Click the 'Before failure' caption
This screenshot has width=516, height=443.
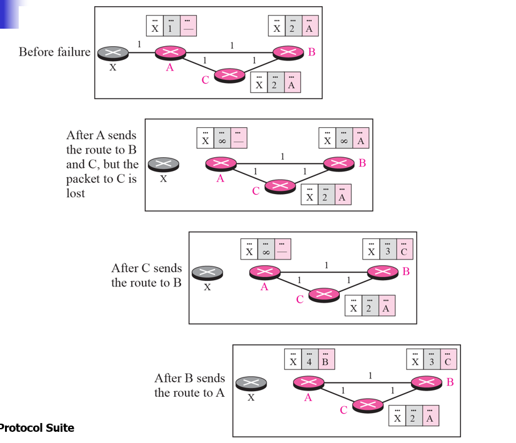[54, 52]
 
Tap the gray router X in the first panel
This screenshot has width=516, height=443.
[112, 52]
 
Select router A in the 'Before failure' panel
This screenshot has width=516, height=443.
[171, 52]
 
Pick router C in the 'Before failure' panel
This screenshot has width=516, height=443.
[229, 75]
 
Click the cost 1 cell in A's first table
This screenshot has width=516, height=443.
[171, 27]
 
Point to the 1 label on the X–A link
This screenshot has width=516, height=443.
[139, 44]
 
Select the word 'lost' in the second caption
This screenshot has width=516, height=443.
[76, 193]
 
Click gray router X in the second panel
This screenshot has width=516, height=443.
[163, 164]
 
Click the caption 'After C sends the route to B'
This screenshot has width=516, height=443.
[146, 275]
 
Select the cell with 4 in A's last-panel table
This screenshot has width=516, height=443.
[309, 361]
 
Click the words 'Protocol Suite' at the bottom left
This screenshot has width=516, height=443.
[37, 428]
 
